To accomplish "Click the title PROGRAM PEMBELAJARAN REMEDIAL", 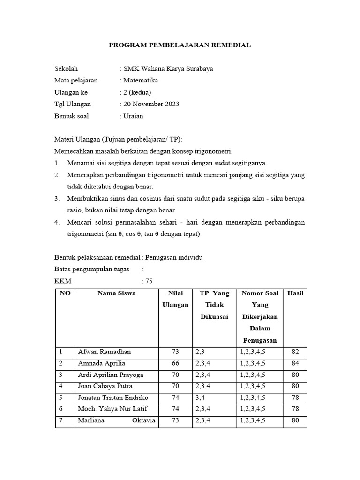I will [x=180, y=45].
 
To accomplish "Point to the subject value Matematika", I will [x=140, y=80].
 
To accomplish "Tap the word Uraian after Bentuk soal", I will [x=133, y=115].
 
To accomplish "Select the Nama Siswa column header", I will [x=116, y=293].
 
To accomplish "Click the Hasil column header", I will [x=295, y=293].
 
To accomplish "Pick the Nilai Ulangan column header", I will [x=175, y=299].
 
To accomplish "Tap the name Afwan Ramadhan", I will [x=105, y=352].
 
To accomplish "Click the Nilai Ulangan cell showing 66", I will [x=175, y=363].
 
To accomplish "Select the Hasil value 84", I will [x=295, y=363].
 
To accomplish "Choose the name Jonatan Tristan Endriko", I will [x=113, y=397].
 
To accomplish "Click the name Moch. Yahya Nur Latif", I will [x=112, y=409].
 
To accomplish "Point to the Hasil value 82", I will [x=295, y=352].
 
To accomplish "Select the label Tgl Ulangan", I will [x=73, y=104].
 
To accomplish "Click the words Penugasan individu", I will [x=174, y=258].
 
